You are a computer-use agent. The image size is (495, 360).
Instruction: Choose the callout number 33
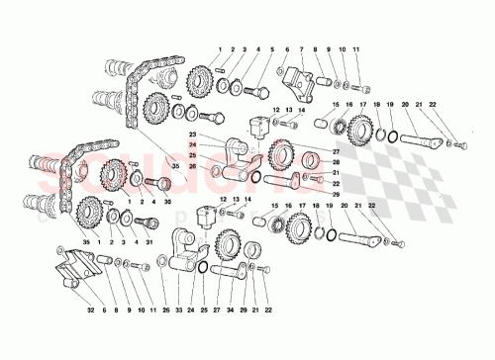click(179, 310)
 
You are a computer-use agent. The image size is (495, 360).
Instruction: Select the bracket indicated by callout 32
click(75, 267)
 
